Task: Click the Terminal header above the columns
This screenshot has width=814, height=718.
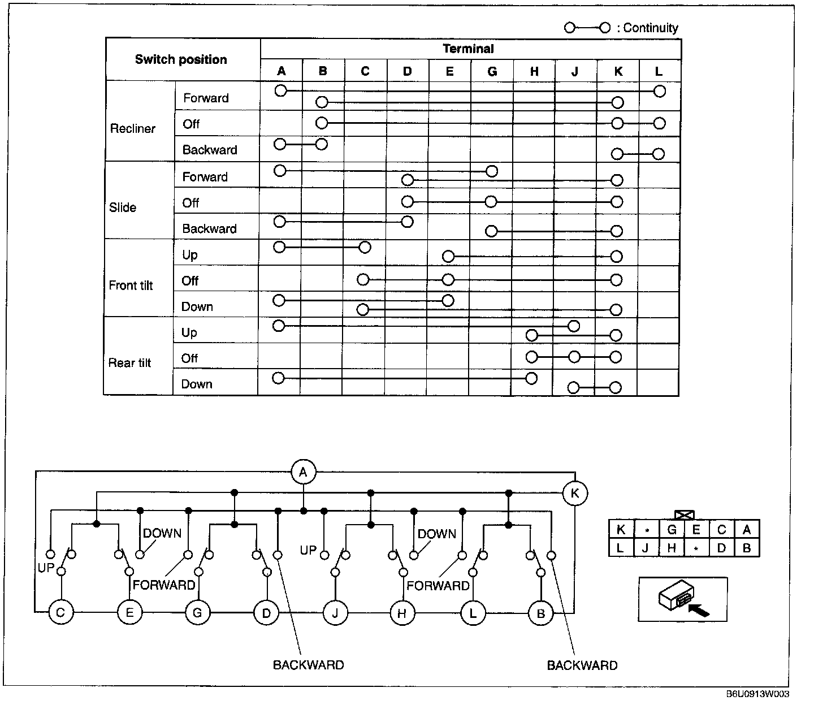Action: point(468,49)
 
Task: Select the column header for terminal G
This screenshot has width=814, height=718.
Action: point(492,71)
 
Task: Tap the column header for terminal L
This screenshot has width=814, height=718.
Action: point(659,71)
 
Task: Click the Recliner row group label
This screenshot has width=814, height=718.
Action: point(132,128)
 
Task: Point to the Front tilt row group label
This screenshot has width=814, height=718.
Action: point(131,286)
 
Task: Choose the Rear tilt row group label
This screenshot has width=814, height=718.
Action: point(129,363)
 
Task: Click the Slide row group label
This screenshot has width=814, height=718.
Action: point(123,207)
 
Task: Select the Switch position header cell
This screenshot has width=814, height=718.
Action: point(181,59)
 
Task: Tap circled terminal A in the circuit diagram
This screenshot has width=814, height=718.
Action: point(304,472)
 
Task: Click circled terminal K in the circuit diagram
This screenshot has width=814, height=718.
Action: point(575,493)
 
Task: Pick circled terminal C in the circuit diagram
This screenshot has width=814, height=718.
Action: point(61,613)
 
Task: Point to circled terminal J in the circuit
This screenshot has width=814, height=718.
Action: point(335,613)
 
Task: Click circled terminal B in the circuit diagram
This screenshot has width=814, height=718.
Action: point(541,613)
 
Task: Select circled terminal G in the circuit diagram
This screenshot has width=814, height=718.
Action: point(197,613)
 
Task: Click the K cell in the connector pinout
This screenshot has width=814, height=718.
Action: point(621,530)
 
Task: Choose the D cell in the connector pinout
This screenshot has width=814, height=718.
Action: point(721,547)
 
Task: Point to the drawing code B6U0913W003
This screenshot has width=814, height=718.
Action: point(757,694)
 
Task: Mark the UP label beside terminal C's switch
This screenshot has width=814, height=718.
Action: point(46,567)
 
